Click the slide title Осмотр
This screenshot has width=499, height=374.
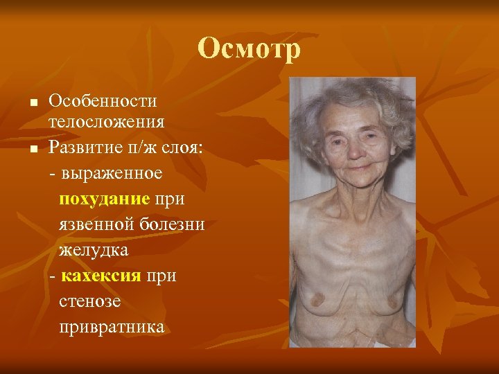(249, 49)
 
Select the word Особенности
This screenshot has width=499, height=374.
(103, 101)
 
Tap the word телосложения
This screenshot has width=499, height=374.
(106, 123)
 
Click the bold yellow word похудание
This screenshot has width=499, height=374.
(105, 199)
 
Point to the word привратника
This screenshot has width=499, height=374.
(112, 326)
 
